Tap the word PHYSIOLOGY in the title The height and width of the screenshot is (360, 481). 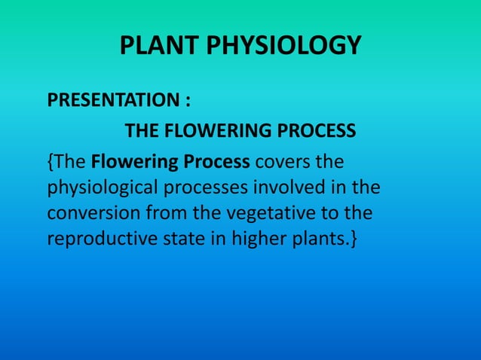280,47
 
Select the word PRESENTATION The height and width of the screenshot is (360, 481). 103,100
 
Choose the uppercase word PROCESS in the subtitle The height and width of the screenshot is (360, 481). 319,132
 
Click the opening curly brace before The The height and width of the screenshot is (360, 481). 51,162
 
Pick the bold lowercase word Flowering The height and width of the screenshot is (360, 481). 131,162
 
